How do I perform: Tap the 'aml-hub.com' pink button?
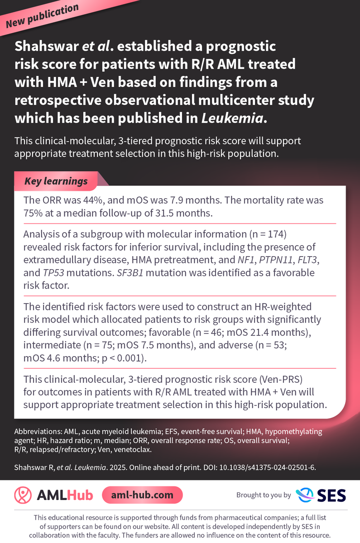(x=143, y=495)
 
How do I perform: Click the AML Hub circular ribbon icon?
(x=23, y=495)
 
